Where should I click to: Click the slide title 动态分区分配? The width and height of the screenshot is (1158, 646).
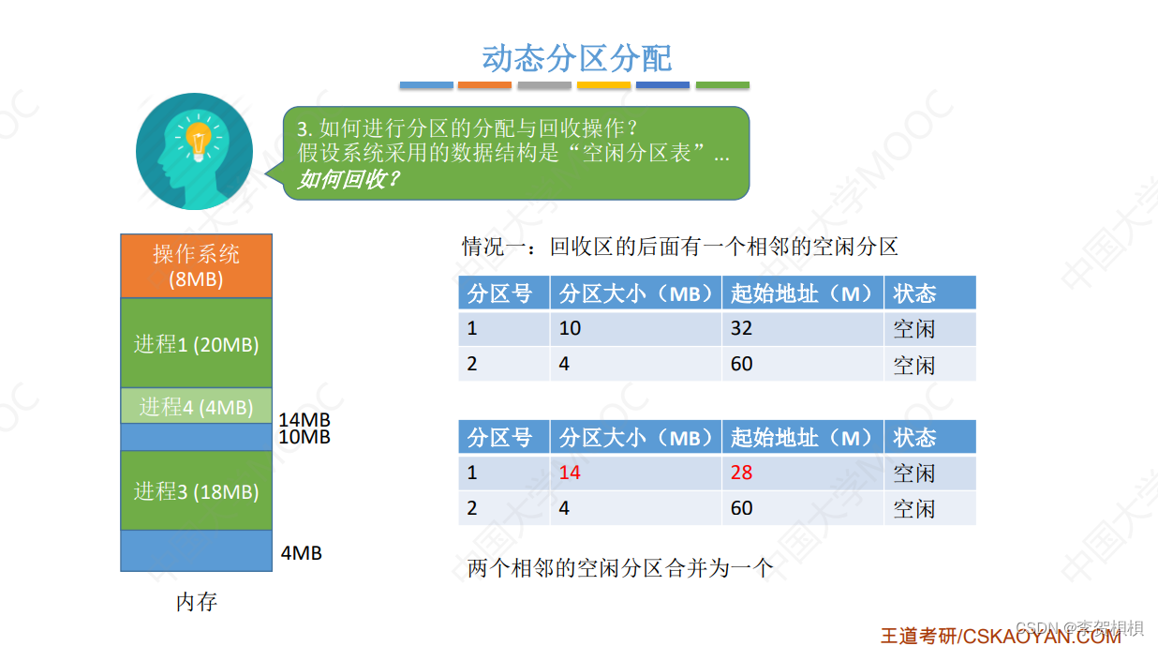click(x=577, y=58)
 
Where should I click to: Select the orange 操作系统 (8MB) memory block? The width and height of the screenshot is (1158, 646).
click(x=196, y=265)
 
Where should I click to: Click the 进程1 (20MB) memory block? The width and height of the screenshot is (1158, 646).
click(x=196, y=343)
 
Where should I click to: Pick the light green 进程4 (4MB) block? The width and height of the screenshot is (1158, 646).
click(x=196, y=406)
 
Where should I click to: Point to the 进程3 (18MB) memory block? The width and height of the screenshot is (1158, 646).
click(x=196, y=490)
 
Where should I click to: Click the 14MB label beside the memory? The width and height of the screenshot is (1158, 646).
click(x=304, y=421)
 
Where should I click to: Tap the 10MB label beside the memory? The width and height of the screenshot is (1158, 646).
click(x=304, y=437)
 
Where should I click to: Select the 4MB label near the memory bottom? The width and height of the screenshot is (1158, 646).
click(x=302, y=553)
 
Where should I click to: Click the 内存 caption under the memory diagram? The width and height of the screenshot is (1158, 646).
click(x=197, y=602)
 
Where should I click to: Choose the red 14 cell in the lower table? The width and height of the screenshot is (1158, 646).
click(x=570, y=473)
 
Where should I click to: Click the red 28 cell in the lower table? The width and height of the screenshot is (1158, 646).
click(x=741, y=473)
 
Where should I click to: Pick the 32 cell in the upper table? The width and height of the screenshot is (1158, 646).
click(x=741, y=328)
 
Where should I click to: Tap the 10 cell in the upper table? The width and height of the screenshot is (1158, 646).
click(x=570, y=328)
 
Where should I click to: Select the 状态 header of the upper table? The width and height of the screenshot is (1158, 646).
click(x=914, y=293)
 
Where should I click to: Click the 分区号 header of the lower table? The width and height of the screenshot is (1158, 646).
click(x=499, y=437)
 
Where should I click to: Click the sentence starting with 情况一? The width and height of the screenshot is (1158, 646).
click(x=679, y=247)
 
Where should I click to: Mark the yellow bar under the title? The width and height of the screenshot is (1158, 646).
click(x=603, y=85)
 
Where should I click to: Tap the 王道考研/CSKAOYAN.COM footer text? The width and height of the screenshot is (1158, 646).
click(x=1000, y=636)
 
